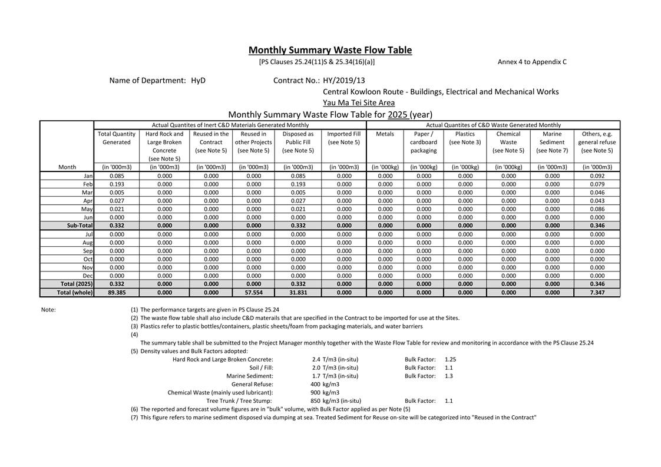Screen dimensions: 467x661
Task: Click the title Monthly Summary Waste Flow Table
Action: coord(330,50)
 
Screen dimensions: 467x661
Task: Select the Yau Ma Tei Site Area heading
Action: coord(359,102)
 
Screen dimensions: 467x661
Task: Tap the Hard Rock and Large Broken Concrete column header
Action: coord(164,146)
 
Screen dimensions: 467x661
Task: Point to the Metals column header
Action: coord(385,134)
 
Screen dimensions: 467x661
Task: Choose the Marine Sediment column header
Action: coord(552,142)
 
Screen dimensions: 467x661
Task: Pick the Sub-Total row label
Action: coord(80,226)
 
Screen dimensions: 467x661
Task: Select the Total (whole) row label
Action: coord(75,292)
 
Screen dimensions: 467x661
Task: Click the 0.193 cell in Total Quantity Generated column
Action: coord(117,184)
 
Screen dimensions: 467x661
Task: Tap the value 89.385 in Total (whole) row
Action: coord(117,292)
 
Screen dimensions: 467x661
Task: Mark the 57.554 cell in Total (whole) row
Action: coord(254,292)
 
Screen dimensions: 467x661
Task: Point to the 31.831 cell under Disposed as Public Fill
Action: coord(298,292)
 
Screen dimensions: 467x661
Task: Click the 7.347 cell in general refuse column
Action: coord(597,292)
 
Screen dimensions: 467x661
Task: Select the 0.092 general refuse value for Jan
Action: coord(597,176)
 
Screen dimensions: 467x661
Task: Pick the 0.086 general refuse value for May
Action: coord(597,209)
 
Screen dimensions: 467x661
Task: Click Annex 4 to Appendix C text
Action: coord(532,61)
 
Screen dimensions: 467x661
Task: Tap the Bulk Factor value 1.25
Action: coord(451,359)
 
